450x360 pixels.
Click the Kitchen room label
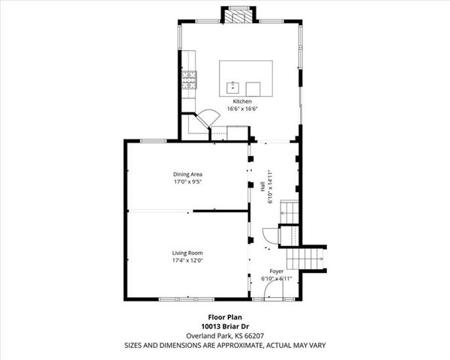click(x=241, y=101)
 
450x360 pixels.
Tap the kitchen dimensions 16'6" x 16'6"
click(x=241, y=108)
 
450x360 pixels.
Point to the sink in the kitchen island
click(x=233, y=85)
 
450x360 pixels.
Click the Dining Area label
click(x=187, y=174)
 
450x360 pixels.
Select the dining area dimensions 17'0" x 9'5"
click(x=187, y=181)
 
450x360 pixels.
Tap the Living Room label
click(x=187, y=253)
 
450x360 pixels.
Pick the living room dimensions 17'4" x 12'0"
click(x=187, y=260)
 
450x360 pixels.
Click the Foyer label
click(x=277, y=271)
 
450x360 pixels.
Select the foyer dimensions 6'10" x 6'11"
click(x=276, y=278)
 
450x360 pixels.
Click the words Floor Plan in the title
click(x=224, y=316)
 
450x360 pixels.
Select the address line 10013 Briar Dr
click(x=224, y=325)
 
